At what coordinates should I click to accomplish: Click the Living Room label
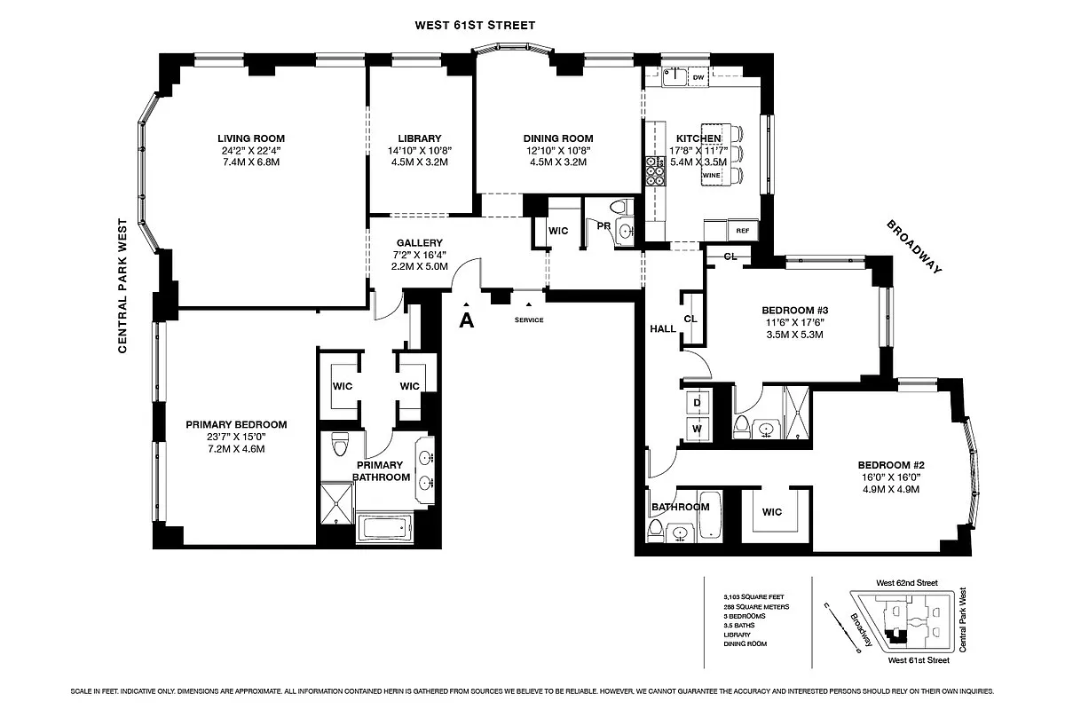251,138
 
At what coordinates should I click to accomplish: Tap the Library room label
420,138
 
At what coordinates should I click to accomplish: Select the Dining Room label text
557,138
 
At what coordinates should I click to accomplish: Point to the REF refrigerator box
743,230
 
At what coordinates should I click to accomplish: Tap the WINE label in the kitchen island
712,176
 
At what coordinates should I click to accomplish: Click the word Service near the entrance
528,319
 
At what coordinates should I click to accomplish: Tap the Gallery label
420,243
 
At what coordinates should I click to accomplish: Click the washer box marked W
696,430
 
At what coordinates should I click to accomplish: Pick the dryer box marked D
696,402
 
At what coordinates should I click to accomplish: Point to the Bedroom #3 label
794,311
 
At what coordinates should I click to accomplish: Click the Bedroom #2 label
891,465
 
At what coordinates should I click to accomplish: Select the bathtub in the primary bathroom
386,528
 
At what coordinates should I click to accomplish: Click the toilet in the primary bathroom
338,444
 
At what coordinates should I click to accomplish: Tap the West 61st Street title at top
476,25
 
